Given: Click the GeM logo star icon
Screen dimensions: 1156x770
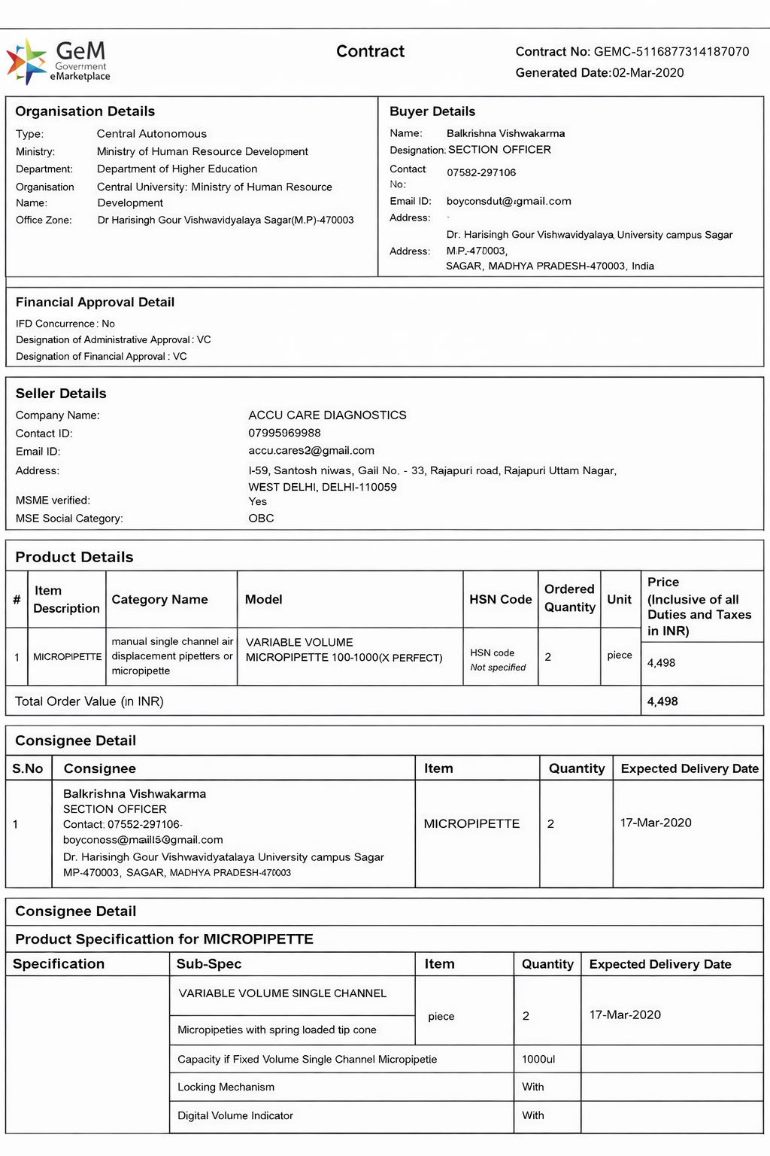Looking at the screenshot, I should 26,60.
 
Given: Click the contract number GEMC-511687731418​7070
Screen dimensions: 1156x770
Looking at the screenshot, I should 671,52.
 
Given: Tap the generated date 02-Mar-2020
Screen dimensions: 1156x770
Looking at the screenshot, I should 647,73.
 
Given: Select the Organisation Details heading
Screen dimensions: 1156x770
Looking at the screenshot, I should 85,111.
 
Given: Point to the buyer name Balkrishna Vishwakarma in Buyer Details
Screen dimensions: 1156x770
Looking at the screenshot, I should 505,133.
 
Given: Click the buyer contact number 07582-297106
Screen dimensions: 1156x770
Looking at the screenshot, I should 481,173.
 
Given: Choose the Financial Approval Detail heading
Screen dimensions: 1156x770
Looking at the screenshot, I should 95,303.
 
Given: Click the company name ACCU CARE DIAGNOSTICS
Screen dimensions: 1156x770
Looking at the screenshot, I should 327,415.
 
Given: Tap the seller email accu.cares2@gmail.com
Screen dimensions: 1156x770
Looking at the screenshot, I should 311,451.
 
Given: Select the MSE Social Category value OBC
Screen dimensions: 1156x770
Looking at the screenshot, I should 261,519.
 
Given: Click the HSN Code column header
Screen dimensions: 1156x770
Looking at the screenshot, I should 500,600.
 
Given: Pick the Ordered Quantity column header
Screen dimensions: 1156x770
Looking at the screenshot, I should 569,598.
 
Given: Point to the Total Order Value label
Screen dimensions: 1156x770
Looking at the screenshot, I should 89,701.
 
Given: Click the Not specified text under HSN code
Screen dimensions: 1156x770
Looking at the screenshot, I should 498,668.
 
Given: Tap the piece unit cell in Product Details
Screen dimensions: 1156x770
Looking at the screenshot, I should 620,656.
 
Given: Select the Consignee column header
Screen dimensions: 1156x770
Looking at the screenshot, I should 99,768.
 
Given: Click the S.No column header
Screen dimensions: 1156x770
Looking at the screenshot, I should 28,768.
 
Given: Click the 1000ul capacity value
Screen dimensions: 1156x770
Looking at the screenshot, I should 538,1060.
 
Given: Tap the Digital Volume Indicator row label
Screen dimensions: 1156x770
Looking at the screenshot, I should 235,1116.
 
